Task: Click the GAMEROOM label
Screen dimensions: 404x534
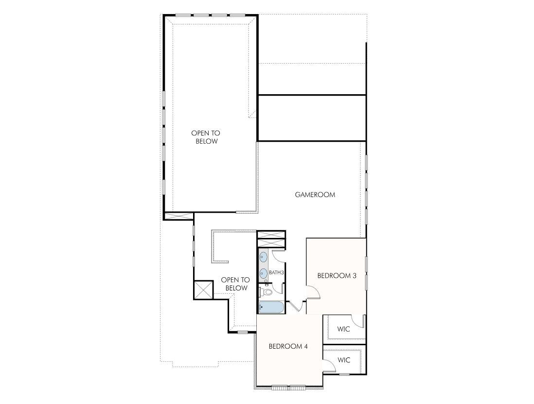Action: click(315, 195)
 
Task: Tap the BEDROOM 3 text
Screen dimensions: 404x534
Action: click(337, 276)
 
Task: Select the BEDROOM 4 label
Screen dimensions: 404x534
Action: click(288, 346)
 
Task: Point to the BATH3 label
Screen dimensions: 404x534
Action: click(276, 273)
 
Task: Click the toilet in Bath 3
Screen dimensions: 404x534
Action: click(266, 292)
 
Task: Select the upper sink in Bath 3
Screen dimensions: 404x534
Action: click(263, 256)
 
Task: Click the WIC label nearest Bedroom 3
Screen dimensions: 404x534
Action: click(344, 329)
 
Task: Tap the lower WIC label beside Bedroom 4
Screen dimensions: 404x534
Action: click(344, 360)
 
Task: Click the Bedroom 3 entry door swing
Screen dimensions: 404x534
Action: click(312, 292)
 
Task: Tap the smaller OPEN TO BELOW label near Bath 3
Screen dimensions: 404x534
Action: click(235, 284)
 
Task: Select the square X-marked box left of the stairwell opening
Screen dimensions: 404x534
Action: click(203, 290)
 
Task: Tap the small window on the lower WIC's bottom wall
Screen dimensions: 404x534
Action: click(344, 374)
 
